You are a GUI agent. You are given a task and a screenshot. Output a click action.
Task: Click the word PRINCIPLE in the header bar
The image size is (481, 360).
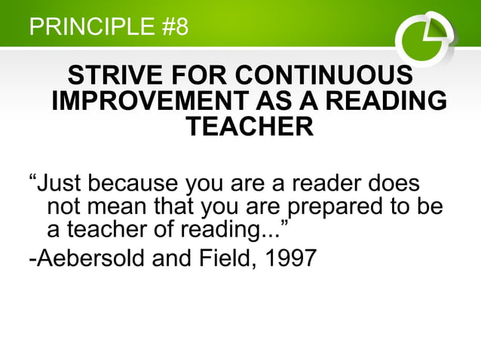pos(90,28)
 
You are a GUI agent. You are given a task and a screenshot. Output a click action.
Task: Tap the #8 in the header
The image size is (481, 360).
pos(174,28)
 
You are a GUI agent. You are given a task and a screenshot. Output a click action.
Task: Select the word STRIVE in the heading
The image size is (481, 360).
pos(114,77)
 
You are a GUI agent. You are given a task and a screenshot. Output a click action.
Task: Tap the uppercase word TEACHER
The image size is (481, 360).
pos(249,127)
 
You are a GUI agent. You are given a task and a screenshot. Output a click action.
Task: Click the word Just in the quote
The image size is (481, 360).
pos(60,184)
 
